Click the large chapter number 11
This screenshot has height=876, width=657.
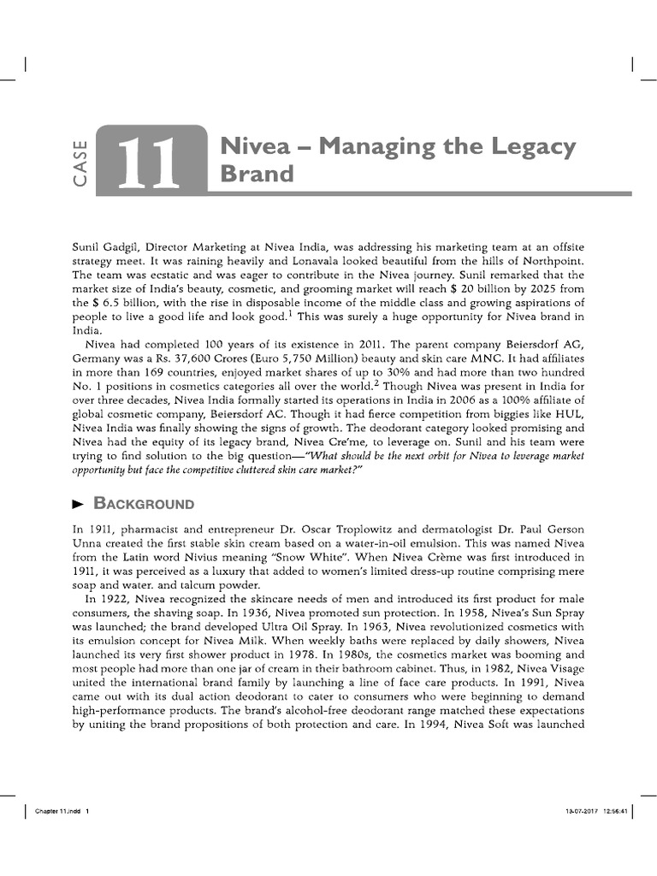[x=151, y=162]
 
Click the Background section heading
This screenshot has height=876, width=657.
[x=144, y=502]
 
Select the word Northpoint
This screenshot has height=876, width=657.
[x=544, y=260]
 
